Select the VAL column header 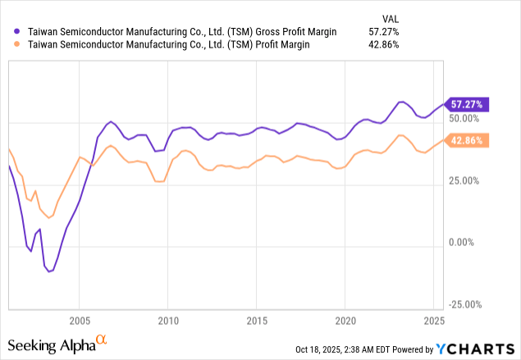coord(388,16)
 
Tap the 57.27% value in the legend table coord(382,30)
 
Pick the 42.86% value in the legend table coord(382,44)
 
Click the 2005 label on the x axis coord(80,319)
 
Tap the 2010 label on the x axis coord(168,319)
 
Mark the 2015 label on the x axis coord(257,319)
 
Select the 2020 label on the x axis coord(345,319)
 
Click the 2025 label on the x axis coord(434,319)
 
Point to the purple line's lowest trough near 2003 coord(50,271)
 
